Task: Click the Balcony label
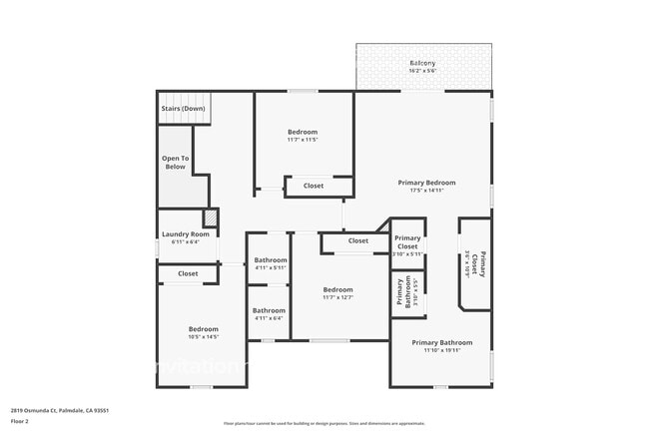point(422,63)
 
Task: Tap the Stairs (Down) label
point(184,108)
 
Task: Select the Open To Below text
point(175,163)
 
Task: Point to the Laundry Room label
point(186,234)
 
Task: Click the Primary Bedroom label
point(426,183)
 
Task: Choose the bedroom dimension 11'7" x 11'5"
point(303,140)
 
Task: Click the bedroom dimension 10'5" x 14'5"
point(204,337)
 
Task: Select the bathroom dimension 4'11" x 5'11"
point(270,267)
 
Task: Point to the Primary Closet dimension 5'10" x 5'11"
point(407,254)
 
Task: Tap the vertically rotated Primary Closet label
point(482,263)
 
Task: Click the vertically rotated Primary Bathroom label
point(400,292)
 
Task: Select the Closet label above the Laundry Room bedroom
point(188,273)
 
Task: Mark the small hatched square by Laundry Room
point(210,217)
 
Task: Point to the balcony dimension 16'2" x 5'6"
point(422,71)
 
